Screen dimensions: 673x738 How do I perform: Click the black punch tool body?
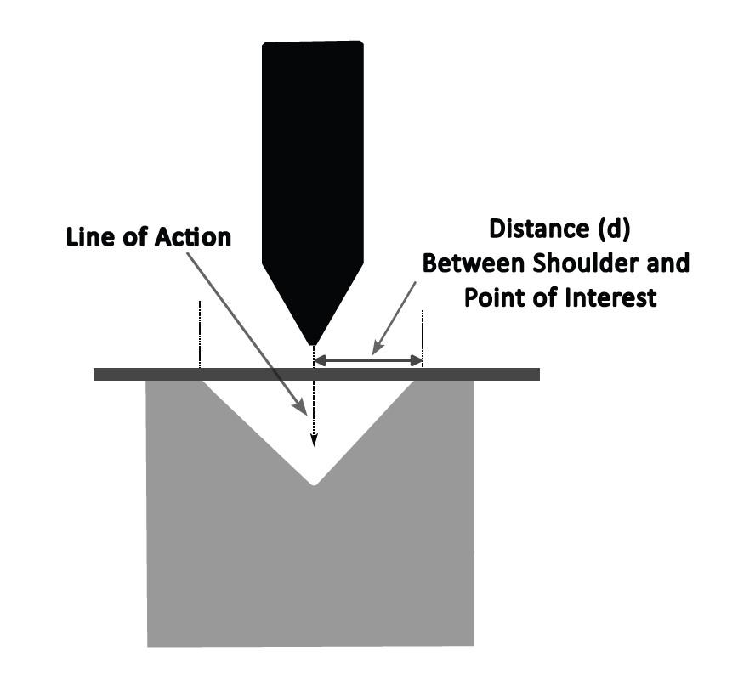(x=313, y=153)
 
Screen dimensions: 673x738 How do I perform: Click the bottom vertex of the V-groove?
(x=315, y=483)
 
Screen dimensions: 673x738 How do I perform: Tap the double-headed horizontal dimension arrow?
(x=368, y=361)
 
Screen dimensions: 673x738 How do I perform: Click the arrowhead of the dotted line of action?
(x=314, y=440)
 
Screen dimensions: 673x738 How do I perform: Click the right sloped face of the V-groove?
(x=366, y=429)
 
